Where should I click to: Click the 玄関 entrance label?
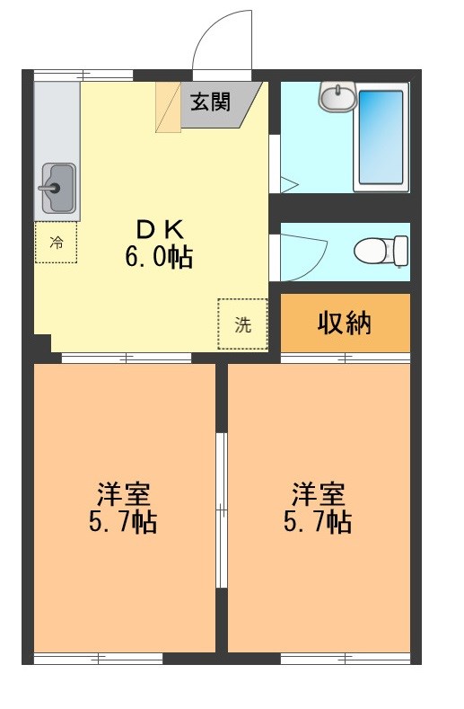(208, 101)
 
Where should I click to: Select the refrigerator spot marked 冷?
(56, 242)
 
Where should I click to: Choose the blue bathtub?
(383, 136)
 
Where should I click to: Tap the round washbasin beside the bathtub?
(338, 96)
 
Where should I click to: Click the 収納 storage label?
(345, 323)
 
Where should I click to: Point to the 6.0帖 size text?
(157, 258)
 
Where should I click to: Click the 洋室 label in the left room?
(125, 493)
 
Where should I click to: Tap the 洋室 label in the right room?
(319, 493)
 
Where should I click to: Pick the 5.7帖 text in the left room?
(125, 522)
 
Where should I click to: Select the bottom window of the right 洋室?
(346, 659)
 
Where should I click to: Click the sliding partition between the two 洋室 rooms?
(221, 511)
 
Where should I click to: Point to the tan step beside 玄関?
(169, 106)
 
